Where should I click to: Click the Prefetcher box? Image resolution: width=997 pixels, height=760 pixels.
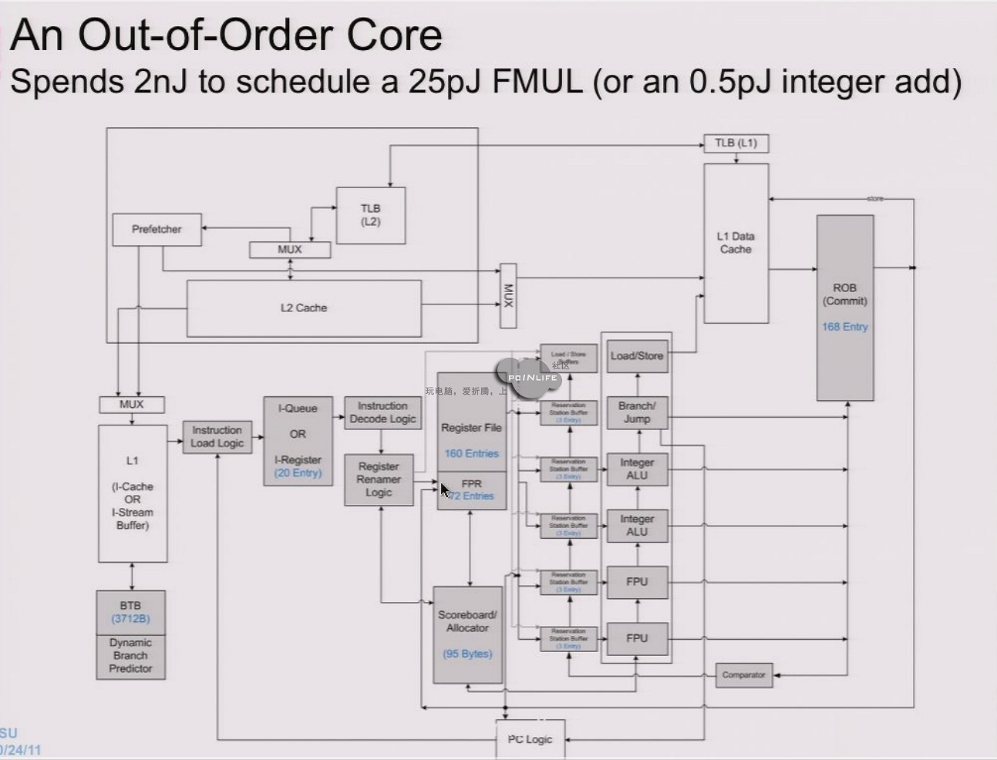pyautogui.click(x=157, y=230)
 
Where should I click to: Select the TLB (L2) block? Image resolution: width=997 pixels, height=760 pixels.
pyautogui.click(x=370, y=215)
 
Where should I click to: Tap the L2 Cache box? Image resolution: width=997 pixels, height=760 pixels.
pyautogui.click(x=304, y=308)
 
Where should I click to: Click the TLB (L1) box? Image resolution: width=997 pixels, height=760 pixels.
pyautogui.click(x=736, y=143)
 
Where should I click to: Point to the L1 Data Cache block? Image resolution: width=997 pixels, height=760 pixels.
pyautogui.click(x=736, y=243)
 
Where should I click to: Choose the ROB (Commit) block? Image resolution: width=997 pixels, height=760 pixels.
pyautogui.click(x=844, y=294)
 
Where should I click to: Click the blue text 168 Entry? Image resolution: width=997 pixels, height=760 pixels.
pyautogui.click(x=844, y=327)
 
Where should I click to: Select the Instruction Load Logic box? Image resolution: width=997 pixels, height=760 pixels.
pyautogui.click(x=217, y=437)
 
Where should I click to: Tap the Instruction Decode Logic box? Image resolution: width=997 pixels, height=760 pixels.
pyautogui.click(x=382, y=412)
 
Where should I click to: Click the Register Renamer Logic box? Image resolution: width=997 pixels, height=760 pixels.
pyautogui.click(x=379, y=479)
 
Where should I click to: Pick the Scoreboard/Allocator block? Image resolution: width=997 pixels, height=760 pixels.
pyautogui.click(x=467, y=634)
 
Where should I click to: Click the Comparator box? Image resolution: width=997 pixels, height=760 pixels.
pyautogui.click(x=743, y=675)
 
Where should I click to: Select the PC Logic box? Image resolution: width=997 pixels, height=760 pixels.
pyautogui.click(x=530, y=739)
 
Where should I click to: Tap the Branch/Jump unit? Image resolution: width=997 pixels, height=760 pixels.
pyautogui.click(x=637, y=412)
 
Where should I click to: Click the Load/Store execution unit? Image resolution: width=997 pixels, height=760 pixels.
pyautogui.click(x=637, y=356)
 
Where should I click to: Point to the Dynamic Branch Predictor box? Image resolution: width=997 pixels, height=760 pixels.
pyautogui.click(x=130, y=656)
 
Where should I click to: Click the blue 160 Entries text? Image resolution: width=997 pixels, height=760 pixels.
pyautogui.click(x=471, y=454)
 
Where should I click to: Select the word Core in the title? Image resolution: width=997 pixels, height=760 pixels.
pyautogui.click(x=394, y=35)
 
